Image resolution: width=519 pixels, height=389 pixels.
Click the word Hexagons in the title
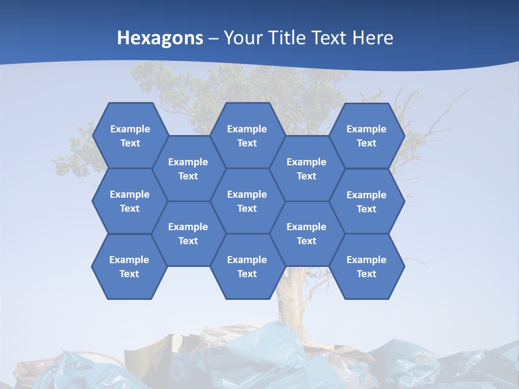tap(160, 38)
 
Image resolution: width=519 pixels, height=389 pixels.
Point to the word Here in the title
tap(372, 38)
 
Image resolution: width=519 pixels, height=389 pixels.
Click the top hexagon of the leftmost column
tap(130, 136)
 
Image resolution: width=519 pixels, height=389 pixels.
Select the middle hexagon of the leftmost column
tap(130, 201)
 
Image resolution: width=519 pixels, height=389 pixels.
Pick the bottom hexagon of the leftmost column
tap(129, 266)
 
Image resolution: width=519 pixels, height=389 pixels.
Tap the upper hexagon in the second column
tap(188, 169)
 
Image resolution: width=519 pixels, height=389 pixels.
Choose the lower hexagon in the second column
tap(188, 233)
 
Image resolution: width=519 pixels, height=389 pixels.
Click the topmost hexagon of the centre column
tap(247, 136)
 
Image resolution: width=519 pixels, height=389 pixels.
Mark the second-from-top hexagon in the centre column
tap(247, 201)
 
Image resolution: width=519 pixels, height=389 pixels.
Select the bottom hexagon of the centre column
tap(247, 266)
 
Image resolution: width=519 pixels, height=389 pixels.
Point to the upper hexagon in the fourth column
tap(307, 169)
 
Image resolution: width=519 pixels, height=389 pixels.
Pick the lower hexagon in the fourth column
tap(307, 233)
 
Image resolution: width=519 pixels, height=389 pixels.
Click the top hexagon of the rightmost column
tap(367, 136)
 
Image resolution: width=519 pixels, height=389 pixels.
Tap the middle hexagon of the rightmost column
tap(367, 202)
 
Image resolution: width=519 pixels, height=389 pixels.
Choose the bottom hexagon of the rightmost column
tap(367, 266)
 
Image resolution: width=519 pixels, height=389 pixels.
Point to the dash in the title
tap(214, 38)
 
